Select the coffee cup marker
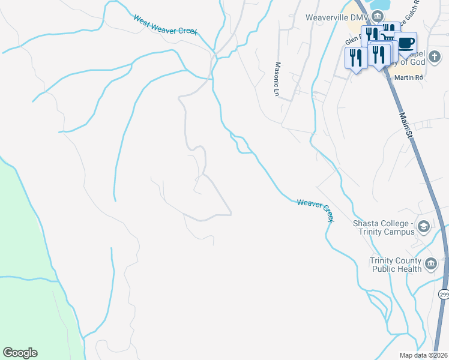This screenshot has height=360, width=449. tap(406, 43)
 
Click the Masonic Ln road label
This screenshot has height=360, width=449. tap(277, 79)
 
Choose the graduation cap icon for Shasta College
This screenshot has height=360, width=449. tap(424, 226)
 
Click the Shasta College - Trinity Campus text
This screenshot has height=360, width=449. tap(385, 227)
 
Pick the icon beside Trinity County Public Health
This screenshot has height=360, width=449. tap(430, 264)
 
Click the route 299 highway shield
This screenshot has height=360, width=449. tap(443, 295)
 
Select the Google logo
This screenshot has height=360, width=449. tap(20, 353)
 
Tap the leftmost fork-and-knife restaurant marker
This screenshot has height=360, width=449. tap(355, 58)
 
